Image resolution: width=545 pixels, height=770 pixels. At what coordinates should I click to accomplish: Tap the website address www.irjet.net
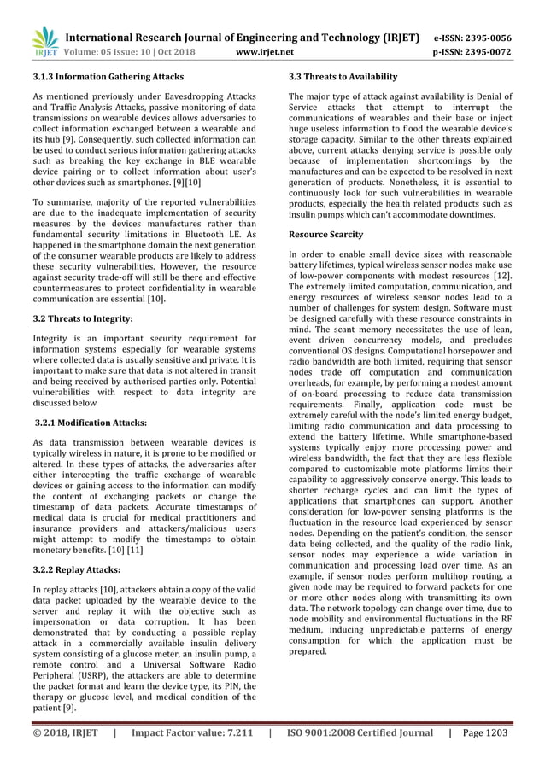(269, 52)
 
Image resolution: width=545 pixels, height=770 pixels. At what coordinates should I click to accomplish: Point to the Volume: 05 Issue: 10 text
(117, 52)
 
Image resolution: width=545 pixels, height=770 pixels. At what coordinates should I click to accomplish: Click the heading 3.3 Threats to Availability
(343, 77)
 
